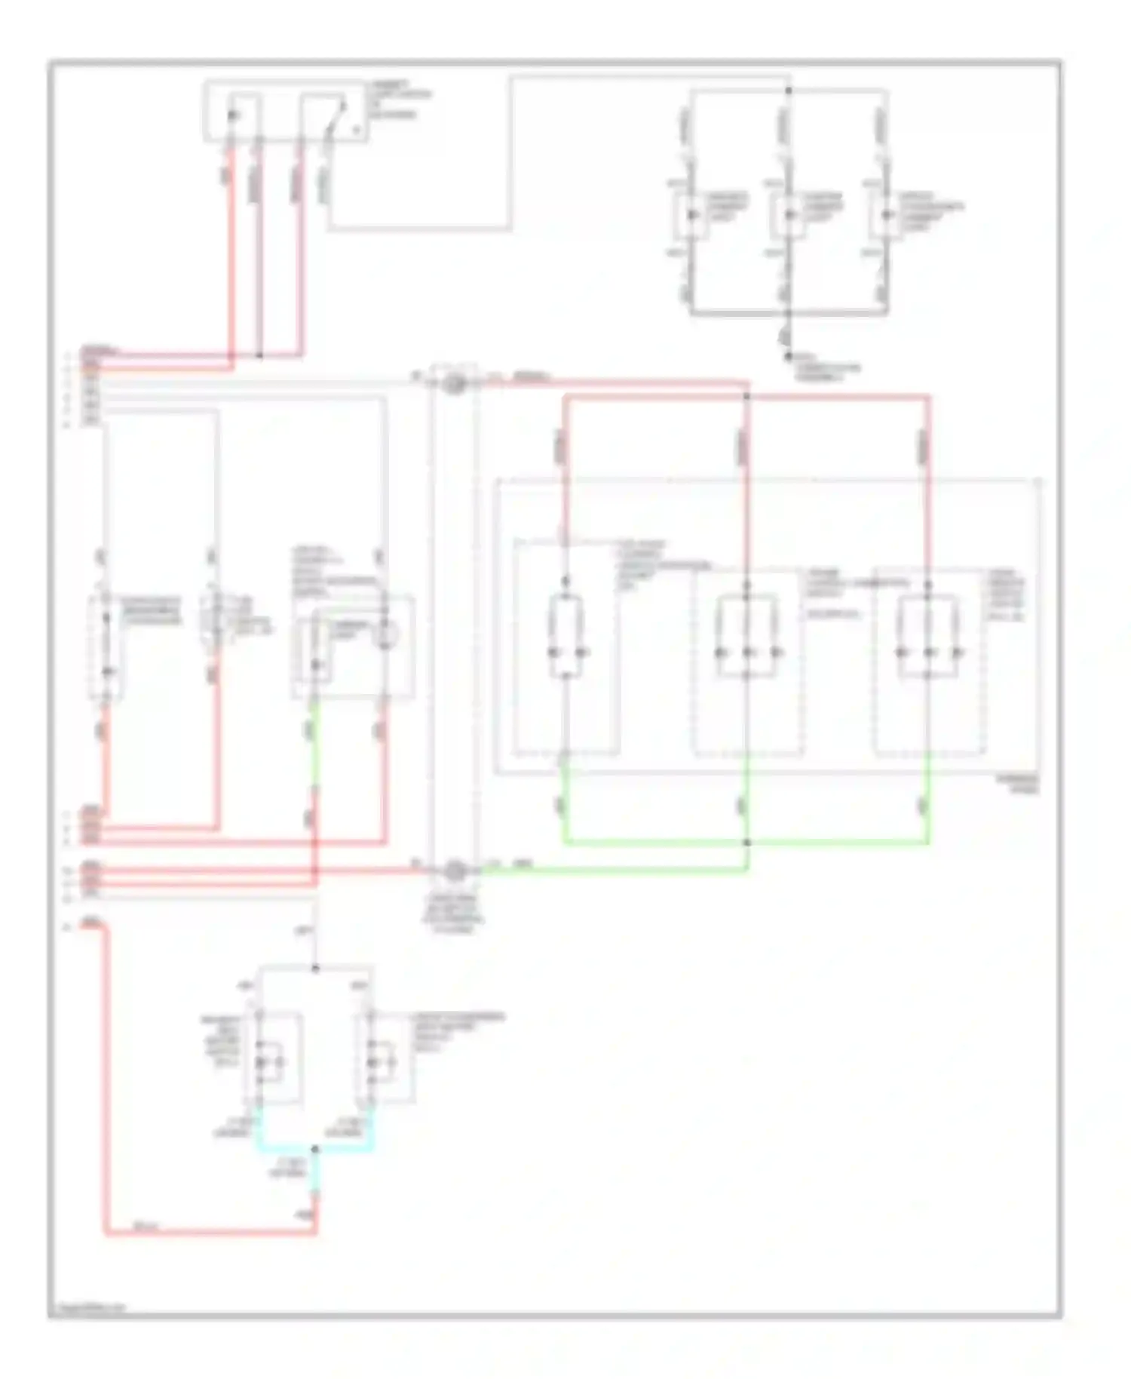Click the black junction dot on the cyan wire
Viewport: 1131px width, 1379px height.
pos(315,1149)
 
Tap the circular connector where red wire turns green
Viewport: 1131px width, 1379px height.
pos(454,871)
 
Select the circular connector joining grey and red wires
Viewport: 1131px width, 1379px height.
pos(454,384)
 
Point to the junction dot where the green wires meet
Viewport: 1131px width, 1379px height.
pos(746,842)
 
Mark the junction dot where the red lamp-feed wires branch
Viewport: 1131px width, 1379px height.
pos(746,395)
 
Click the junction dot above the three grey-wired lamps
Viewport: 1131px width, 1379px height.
pos(789,91)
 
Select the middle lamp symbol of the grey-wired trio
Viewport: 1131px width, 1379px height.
pos(789,215)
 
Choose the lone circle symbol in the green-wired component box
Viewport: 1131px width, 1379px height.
pos(387,635)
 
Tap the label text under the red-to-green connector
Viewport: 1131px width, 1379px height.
pos(454,913)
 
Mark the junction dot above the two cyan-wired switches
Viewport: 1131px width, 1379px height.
pos(315,968)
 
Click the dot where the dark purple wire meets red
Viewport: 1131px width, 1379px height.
pos(260,355)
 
